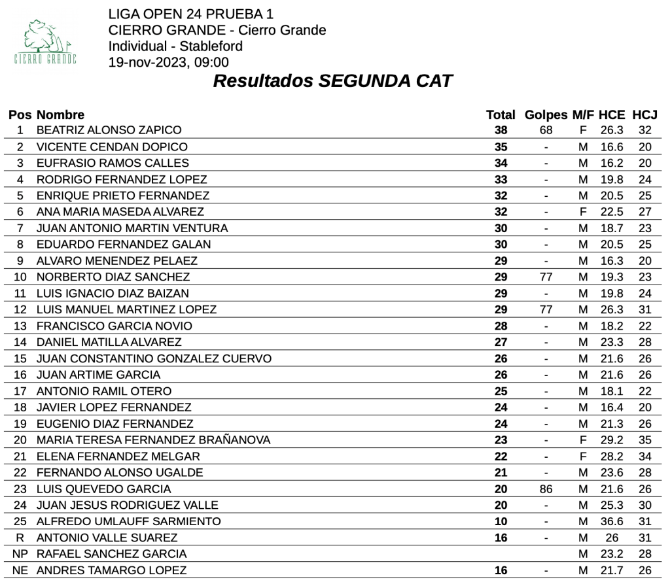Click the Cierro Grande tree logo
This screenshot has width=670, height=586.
45,40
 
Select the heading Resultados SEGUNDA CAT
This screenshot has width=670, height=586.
333,81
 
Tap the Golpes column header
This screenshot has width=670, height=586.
546,115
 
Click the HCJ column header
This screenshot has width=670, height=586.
644,115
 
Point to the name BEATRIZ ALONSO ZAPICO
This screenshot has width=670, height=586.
109,130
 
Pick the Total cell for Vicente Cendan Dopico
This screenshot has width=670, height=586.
501,146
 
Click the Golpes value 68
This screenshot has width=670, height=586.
546,130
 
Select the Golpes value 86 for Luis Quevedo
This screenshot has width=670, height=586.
546,489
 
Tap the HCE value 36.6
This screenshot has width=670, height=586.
612,521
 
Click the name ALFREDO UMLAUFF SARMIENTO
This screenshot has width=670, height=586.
129,521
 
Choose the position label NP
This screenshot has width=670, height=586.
20,554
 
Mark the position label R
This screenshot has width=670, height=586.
20,538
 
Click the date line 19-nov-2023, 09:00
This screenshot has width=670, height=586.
169,63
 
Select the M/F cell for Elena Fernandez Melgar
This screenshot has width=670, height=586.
583,457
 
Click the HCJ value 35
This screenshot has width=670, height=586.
645,440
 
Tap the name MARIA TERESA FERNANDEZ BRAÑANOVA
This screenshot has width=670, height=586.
154,440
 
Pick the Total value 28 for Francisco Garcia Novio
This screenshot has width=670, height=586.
501,326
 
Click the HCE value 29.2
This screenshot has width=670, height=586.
612,440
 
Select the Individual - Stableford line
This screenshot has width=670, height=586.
175,46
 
